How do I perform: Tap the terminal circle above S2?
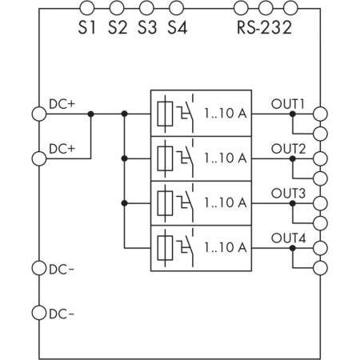(x=117, y=9)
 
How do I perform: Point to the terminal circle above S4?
(x=176, y=9)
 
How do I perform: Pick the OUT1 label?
(x=289, y=103)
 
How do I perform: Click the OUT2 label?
(x=289, y=149)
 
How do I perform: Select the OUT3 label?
(x=289, y=193)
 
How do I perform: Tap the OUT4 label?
(x=289, y=238)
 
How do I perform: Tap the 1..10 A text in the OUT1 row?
(x=225, y=114)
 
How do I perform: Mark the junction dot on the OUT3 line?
(x=292, y=203)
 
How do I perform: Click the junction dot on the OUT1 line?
(x=292, y=114)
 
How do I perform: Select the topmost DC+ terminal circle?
(x=38, y=114)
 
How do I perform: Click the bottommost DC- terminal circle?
(x=38, y=312)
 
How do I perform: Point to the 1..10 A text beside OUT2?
(x=225, y=158)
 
